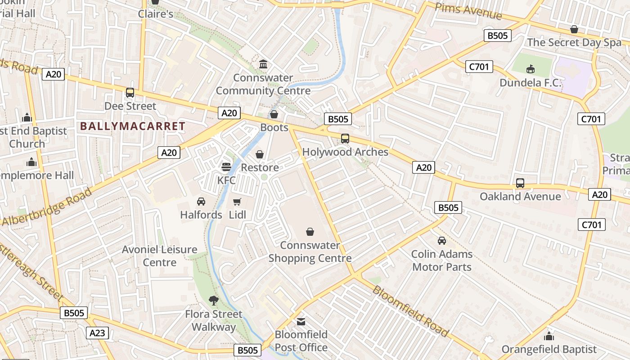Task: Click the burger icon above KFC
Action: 226,167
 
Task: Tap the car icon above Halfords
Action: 201,202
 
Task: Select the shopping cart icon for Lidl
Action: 237,202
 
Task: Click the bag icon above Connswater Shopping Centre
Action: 310,232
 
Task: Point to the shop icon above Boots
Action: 274,114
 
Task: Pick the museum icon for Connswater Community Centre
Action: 263,64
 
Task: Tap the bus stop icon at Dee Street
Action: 130,93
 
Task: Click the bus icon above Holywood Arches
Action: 345,139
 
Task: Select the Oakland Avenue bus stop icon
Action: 520,183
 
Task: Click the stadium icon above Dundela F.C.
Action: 531,69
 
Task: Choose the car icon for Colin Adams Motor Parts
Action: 442,241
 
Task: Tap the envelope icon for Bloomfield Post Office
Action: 301,321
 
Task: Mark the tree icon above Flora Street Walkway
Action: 214,300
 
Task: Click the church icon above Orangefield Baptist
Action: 549,336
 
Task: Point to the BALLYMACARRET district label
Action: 133,126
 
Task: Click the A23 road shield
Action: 97,333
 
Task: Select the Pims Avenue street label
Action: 468,11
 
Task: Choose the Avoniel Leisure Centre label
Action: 160,256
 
